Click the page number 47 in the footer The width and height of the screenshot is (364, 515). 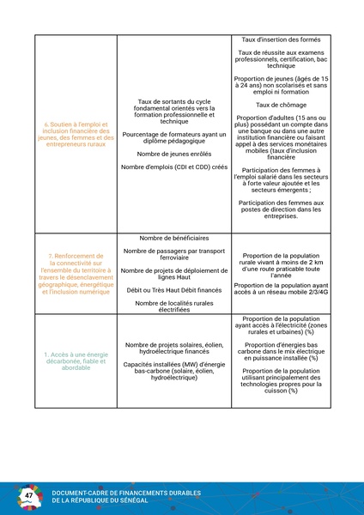coord(30,497)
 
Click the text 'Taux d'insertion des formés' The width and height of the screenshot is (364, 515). coord(281,40)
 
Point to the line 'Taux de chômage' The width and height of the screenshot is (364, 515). coord(281,105)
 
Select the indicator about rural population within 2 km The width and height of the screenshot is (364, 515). coord(281,264)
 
